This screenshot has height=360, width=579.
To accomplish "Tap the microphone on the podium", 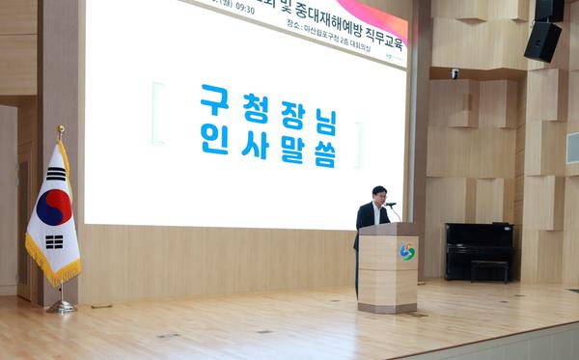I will [390, 205].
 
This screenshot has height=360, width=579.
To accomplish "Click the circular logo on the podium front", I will [407, 252].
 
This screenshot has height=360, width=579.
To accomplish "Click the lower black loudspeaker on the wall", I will [542, 41].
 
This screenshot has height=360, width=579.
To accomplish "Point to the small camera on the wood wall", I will [455, 72].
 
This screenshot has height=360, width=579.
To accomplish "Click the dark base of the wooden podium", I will [387, 308].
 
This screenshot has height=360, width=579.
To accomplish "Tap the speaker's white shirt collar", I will [376, 206].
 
